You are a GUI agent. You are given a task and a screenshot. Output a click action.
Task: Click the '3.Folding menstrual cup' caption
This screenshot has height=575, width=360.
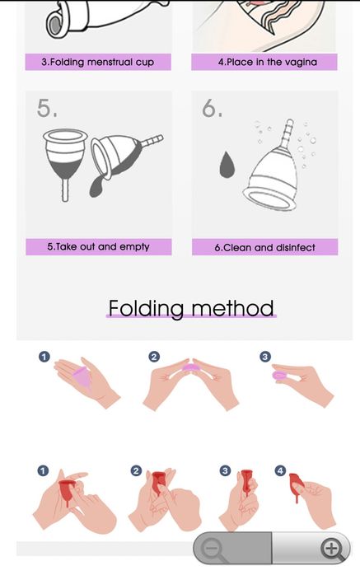(x=98, y=62)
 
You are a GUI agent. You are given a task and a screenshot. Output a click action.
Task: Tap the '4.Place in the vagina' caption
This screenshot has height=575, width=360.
(x=268, y=62)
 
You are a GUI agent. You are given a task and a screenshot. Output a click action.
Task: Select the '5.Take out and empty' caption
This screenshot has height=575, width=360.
(x=98, y=247)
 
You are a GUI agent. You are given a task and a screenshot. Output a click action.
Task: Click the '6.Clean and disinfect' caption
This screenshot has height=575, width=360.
(x=264, y=247)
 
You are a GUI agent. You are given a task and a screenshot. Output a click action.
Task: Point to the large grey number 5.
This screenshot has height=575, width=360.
(x=47, y=108)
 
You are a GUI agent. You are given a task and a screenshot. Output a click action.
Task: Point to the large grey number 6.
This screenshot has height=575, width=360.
(x=212, y=108)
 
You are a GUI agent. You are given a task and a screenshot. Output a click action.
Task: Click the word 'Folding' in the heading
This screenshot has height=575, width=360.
(x=146, y=308)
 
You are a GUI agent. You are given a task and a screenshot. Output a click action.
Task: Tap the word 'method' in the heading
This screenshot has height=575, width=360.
(x=233, y=308)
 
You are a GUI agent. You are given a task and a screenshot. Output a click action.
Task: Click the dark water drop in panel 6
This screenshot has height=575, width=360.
(x=227, y=165)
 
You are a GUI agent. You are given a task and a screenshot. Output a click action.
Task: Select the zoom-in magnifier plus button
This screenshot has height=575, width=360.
(x=332, y=549)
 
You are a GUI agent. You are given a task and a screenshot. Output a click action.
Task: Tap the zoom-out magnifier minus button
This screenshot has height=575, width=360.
(x=212, y=549)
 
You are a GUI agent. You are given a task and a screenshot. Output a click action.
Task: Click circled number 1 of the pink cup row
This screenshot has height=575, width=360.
(x=44, y=357)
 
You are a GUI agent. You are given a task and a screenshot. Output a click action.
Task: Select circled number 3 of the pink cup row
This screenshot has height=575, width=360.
(x=265, y=357)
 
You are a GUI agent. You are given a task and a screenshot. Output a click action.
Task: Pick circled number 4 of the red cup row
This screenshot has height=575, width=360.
(x=280, y=471)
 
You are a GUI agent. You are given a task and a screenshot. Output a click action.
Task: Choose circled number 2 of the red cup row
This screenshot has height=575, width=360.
(x=137, y=470)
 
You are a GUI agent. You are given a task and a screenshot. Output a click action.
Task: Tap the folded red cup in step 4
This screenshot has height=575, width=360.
(x=296, y=484)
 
